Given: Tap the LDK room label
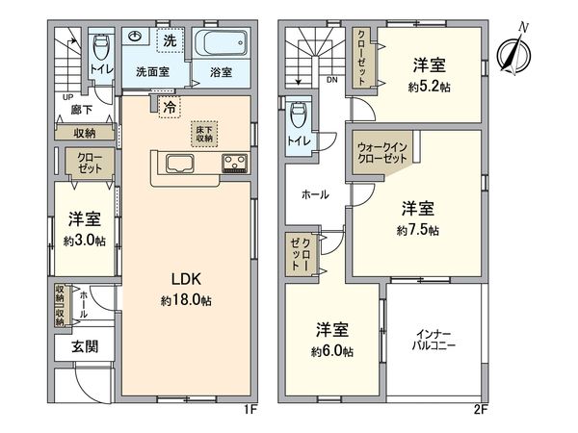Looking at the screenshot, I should [187, 279].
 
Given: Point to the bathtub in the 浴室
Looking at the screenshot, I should [222, 45].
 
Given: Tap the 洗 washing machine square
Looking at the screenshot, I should [169, 40].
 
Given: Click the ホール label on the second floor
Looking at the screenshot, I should [315, 194].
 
